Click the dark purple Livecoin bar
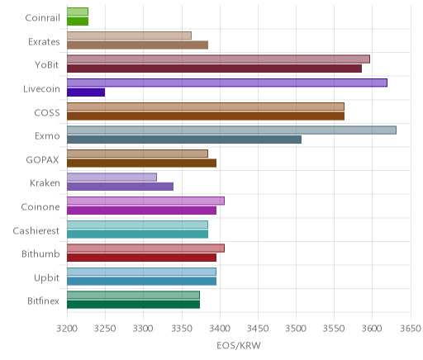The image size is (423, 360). click(x=86, y=92)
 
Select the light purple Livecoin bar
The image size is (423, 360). click(x=227, y=83)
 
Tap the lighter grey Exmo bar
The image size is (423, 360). click(x=231, y=130)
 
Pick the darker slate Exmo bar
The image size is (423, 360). click(x=184, y=140)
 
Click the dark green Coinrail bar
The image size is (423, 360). click(x=78, y=21)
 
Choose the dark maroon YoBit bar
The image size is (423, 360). click(x=214, y=69)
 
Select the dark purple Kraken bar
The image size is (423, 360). click(x=120, y=187)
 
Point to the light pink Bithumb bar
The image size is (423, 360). click(x=145, y=249)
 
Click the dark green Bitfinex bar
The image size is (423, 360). click(x=133, y=305)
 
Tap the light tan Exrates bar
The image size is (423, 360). click(x=129, y=36)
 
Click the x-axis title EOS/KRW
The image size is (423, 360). click(x=239, y=345)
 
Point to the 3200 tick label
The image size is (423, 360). click(x=67, y=329)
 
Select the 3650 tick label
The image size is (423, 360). click(x=411, y=329)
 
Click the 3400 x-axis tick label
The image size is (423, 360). click(x=220, y=329)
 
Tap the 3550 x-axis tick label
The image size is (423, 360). click(x=334, y=329)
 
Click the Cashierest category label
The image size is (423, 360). click(x=36, y=230)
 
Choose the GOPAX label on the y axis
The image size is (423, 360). click(x=42, y=159)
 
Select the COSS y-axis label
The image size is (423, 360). click(x=47, y=112)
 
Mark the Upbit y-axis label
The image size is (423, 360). click(x=46, y=277)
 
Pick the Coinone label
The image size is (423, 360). click(x=40, y=206)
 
